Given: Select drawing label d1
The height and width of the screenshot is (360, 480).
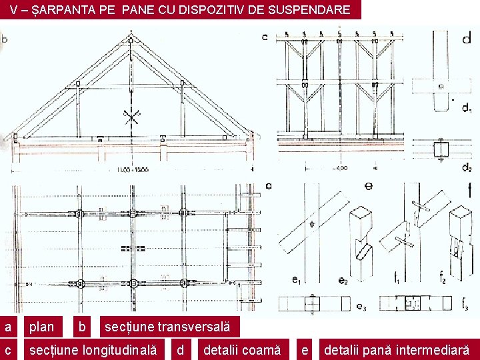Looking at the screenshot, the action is point(467,109).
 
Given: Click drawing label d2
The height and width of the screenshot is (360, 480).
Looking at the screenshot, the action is point(467,167).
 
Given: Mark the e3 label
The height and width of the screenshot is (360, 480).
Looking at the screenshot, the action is point(361,307).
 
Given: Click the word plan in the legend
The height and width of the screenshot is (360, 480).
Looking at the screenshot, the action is point(42,327).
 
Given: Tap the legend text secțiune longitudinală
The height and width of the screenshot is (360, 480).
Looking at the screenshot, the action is point(93,349).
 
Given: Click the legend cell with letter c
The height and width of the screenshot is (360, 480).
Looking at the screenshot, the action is point(8,349).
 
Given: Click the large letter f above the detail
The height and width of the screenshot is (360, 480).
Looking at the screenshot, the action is point(468,189).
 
